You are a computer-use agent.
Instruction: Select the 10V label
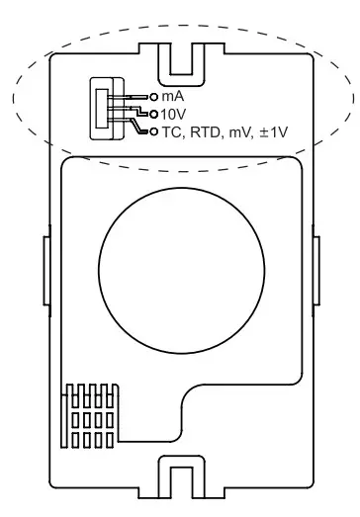coord(173,114)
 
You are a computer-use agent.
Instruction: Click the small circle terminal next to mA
coord(152,98)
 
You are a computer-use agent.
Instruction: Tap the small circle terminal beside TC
coord(153,129)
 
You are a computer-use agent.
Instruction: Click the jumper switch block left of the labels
coord(102,109)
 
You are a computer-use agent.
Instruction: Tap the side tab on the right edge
coord(315,267)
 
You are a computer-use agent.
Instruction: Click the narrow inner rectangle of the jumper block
coord(98,109)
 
